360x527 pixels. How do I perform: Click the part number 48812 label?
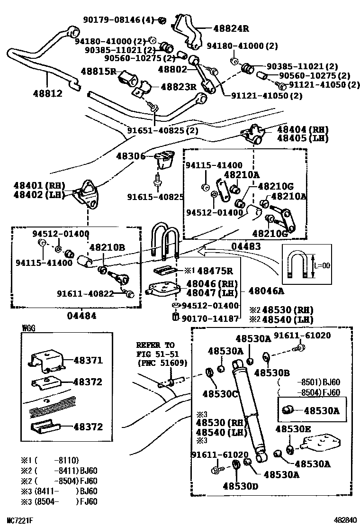coord(48,94)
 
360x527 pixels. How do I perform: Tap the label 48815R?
coord(98,72)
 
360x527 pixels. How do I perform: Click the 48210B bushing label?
coord(107,247)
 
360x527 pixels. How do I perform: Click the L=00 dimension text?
coord(322,265)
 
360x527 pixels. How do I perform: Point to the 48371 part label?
coord(88,360)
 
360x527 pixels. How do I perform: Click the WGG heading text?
coord(28,327)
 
